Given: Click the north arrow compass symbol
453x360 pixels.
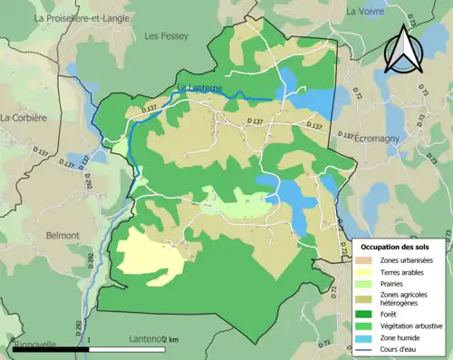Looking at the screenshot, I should [402, 50].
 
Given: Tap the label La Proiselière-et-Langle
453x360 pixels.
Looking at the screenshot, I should [82, 18].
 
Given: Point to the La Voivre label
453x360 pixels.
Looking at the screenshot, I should [367, 11].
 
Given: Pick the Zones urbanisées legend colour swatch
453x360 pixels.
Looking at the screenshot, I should [366, 260].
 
